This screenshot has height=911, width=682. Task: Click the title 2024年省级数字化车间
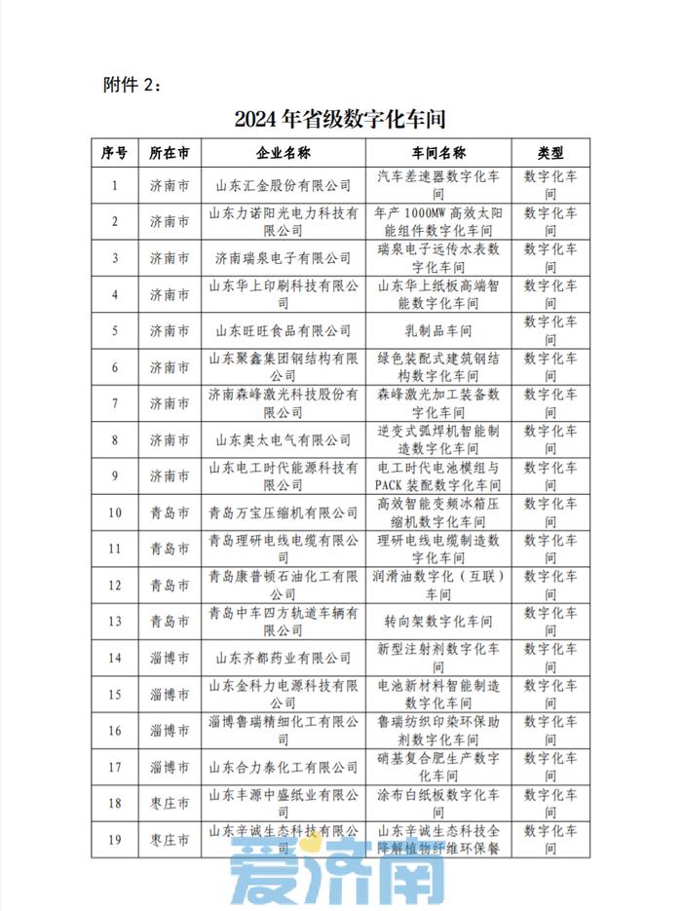340,120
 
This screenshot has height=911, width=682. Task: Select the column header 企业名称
283,153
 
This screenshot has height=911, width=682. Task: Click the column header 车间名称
438,153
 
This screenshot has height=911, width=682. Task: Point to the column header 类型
550,153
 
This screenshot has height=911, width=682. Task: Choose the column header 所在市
170,153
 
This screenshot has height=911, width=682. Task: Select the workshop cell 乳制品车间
438,330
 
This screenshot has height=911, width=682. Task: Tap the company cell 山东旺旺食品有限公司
283,330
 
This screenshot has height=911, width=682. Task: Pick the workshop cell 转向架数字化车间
438,621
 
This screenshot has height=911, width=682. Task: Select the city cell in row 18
170,803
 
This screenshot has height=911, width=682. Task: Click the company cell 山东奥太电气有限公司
283,439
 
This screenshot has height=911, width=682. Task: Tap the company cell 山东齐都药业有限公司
283,658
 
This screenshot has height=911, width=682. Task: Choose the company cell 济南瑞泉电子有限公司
283,258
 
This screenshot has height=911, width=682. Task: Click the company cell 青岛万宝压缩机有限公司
283,512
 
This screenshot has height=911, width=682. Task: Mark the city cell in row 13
170,621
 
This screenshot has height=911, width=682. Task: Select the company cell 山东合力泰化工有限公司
283,767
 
